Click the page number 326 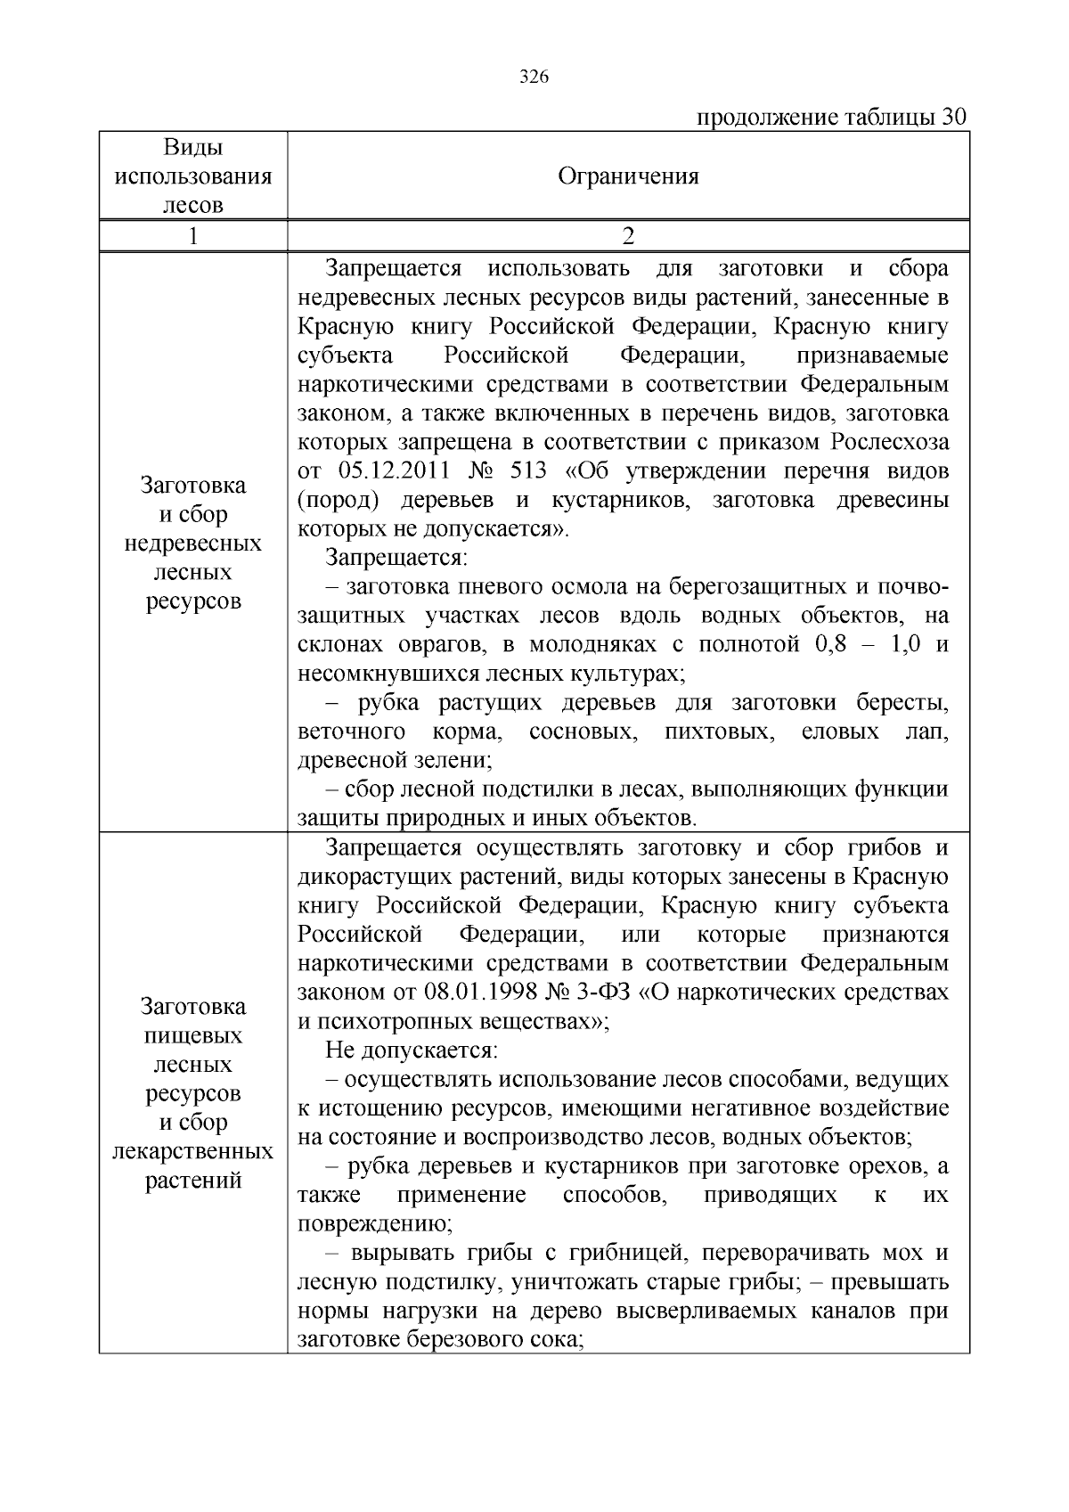click(534, 77)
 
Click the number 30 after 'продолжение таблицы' click(954, 118)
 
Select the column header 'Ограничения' click(628, 176)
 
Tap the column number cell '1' click(192, 236)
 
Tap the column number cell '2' click(628, 236)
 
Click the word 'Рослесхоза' click(890, 443)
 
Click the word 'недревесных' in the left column click(192, 544)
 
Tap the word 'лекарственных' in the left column click(192, 1151)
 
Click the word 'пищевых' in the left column click(192, 1035)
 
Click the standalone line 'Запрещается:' click(396, 558)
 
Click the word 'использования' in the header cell click(192, 176)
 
